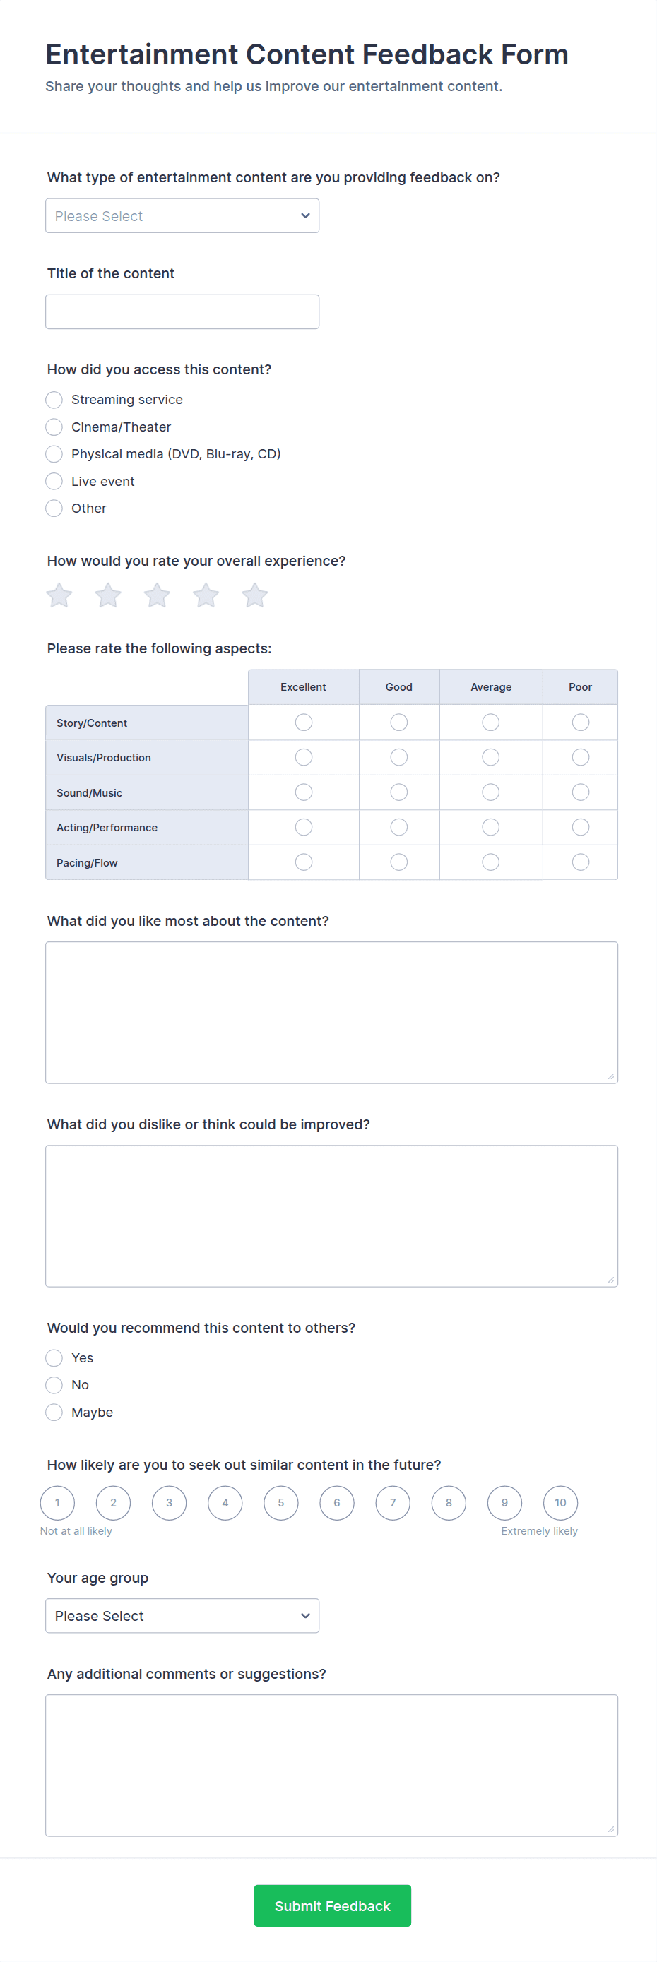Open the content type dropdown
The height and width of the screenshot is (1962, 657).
click(x=182, y=216)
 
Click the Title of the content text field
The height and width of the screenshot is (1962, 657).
click(x=182, y=312)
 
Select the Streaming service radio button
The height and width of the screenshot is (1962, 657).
click(x=54, y=400)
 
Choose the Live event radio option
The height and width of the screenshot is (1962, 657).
click(x=54, y=482)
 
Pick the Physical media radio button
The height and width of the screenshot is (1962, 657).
click(x=54, y=454)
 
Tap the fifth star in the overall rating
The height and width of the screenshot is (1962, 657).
click(x=254, y=595)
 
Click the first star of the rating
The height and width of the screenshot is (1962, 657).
click(x=59, y=595)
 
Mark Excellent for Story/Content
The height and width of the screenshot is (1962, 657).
click(x=303, y=722)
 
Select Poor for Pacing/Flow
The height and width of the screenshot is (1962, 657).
click(x=580, y=862)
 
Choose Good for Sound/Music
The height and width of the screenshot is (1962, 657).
click(x=398, y=792)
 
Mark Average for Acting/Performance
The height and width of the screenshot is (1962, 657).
click(x=491, y=827)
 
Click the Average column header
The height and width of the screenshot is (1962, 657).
click(x=491, y=687)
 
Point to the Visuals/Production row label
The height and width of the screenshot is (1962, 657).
click(x=104, y=758)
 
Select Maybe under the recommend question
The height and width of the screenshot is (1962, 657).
click(x=54, y=1412)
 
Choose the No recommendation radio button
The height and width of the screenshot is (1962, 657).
click(x=54, y=1385)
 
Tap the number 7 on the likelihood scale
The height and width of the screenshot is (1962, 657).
click(x=393, y=1503)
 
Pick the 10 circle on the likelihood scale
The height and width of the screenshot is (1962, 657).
click(x=560, y=1503)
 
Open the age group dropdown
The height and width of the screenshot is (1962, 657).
click(x=182, y=1616)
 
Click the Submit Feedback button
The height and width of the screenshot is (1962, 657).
click(x=332, y=1905)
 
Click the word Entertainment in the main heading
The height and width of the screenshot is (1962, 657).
click(x=142, y=55)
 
